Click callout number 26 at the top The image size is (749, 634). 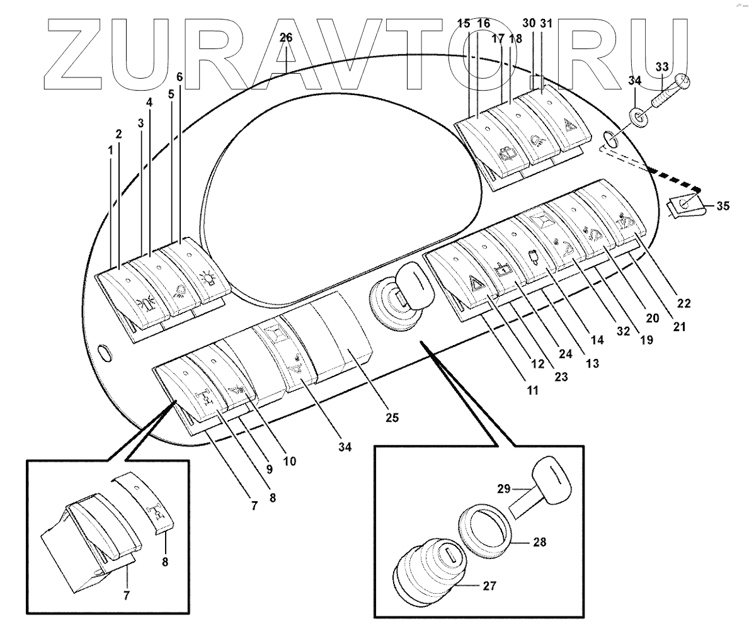286,38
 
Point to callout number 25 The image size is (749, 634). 392,417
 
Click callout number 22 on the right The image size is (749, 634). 684,303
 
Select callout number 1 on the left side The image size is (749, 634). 111,152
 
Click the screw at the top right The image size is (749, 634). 669,92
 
